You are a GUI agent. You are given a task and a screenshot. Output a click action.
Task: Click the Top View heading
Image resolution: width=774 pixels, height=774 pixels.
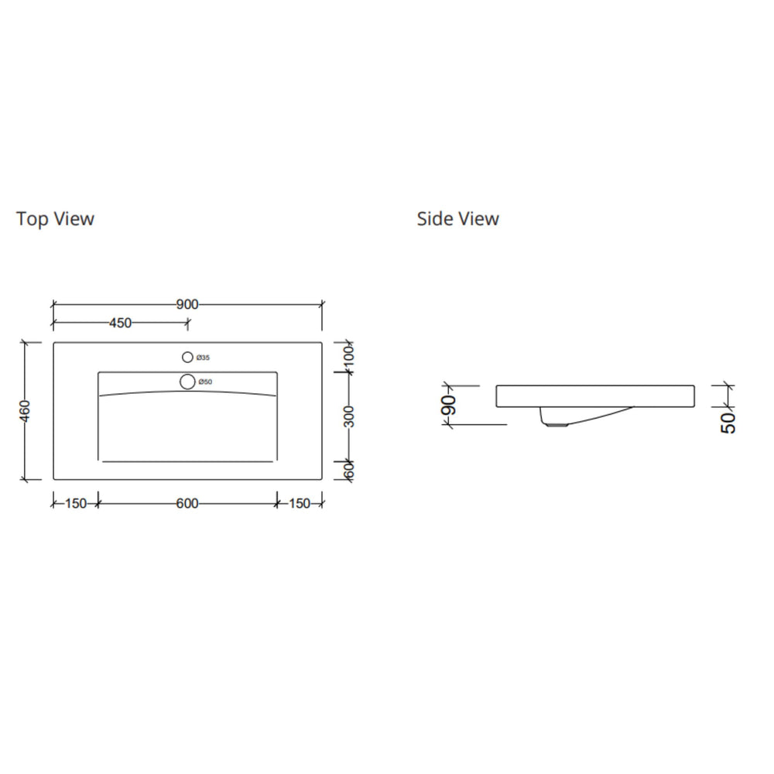coord(55,219)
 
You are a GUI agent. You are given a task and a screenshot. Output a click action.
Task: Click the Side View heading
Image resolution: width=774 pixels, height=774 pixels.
coord(457,219)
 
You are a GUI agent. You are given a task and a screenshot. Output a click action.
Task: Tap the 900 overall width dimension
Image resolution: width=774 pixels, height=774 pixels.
coord(187,304)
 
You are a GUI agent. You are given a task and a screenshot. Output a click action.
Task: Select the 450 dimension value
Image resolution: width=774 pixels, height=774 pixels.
coord(120,323)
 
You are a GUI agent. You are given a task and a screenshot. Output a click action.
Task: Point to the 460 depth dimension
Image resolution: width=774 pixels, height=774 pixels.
coord(25,410)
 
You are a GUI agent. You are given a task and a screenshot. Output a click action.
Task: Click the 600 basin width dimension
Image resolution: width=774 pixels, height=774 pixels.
coord(187,504)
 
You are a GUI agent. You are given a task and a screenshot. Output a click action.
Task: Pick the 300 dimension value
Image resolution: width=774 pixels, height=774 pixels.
coord(348,416)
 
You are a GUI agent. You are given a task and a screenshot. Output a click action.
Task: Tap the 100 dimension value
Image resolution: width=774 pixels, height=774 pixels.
coord(348,358)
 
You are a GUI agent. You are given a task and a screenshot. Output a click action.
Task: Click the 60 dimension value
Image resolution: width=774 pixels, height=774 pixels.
coord(348,469)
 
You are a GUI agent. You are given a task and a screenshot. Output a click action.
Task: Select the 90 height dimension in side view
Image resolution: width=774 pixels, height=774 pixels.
coord(450,404)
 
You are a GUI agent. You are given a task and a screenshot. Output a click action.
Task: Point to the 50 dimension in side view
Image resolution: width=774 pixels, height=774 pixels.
coord(728,422)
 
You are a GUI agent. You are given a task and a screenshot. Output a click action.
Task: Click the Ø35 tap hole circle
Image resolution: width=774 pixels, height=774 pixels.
coord(187,358)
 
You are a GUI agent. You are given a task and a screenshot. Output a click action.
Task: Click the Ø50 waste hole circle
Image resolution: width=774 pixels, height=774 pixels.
coord(187,382)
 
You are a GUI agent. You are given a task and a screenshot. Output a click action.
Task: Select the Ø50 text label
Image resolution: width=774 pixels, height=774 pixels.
coord(205,382)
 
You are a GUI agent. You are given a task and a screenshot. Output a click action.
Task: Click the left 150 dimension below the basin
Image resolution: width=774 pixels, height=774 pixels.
coord(75,504)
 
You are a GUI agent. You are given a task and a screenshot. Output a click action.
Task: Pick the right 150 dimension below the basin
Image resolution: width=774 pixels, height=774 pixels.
coord(299,504)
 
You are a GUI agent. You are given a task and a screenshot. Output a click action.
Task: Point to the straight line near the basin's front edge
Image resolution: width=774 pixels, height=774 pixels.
coord(187,461)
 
